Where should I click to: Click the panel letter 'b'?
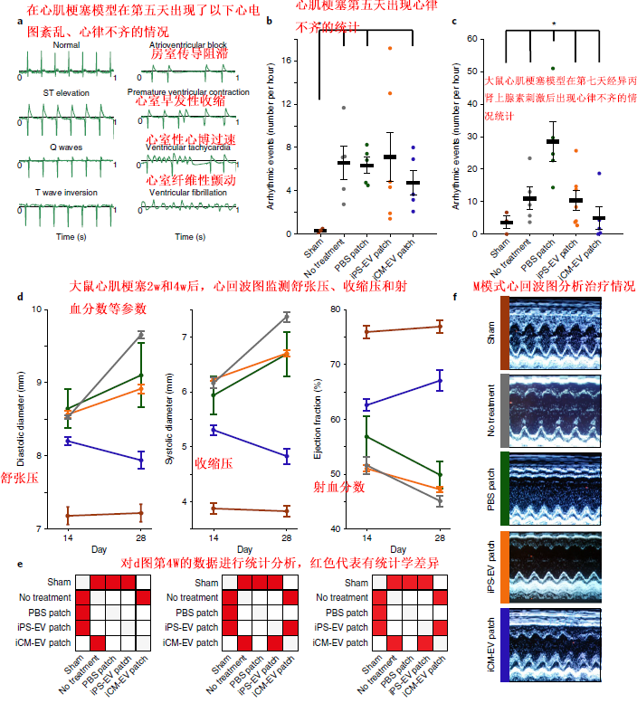(x=269, y=44)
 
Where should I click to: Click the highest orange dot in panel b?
(x=390, y=48)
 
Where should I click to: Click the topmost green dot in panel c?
(x=552, y=69)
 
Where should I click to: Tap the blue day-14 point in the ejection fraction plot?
(x=366, y=404)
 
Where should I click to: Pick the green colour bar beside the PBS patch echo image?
(x=502, y=489)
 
